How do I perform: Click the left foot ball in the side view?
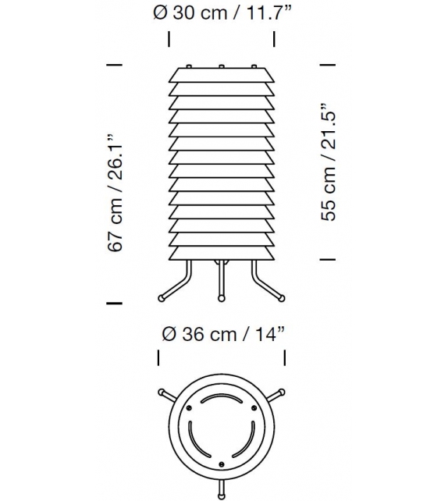coord(162,297)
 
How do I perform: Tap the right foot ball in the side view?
coord(279,297)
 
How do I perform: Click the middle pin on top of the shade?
coord(221,66)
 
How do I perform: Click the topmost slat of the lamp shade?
coord(221,76)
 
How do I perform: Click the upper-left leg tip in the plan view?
coord(162,391)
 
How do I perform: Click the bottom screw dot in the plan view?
coord(221,464)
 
